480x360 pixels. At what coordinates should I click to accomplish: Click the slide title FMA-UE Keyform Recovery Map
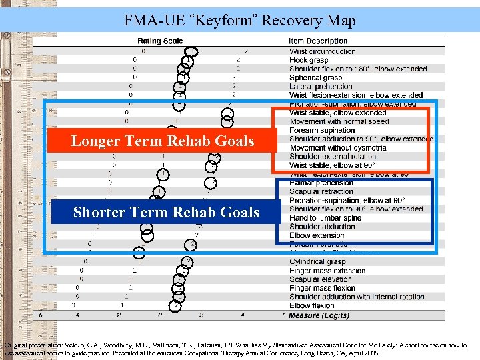[240, 20]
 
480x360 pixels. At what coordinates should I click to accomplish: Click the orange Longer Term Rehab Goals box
[163, 141]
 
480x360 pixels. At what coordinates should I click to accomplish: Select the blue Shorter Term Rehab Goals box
[166, 212]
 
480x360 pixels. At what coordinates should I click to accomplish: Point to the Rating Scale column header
[160, 41]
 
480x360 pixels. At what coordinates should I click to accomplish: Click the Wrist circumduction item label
[322, 51]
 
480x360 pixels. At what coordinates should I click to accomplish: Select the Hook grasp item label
[309, 60]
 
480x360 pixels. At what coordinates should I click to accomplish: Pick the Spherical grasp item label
[315, 77]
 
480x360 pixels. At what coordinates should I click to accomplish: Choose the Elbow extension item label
[317, 235]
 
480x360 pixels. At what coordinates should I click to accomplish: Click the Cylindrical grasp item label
[317, 262]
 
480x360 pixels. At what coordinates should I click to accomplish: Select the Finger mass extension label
[327, 271]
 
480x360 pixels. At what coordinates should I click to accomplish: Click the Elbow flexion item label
[312, 306]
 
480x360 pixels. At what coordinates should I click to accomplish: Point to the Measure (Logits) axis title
[319, 315]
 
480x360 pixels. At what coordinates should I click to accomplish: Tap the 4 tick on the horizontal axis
[243, 316]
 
